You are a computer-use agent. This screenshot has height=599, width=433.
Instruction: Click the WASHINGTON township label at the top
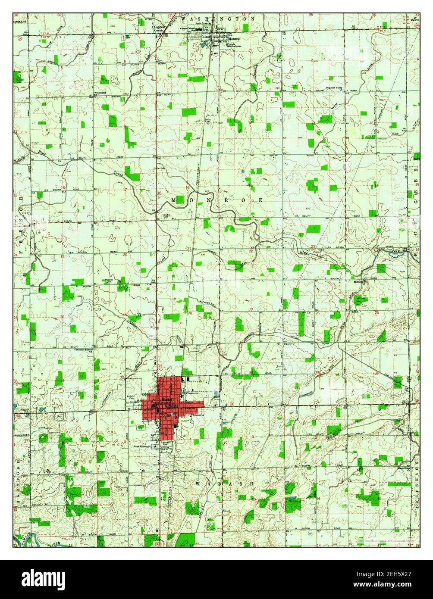click(218, 19)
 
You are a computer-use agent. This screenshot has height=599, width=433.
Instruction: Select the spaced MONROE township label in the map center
click(217, 200)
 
